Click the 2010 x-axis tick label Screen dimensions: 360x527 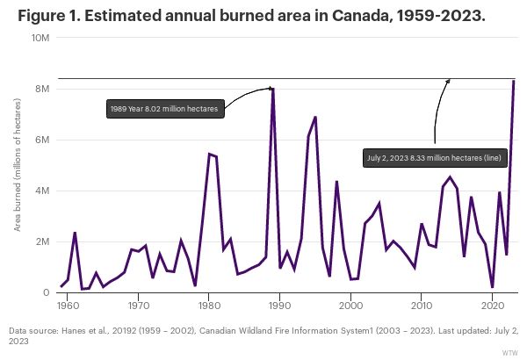tap(422, 306)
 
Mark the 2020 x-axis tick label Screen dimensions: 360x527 tap(493, 306)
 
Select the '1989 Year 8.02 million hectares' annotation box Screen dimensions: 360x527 tap(165, 110)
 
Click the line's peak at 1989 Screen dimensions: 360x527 tap(273, 89)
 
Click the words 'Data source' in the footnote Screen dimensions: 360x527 tap(34, 330)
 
